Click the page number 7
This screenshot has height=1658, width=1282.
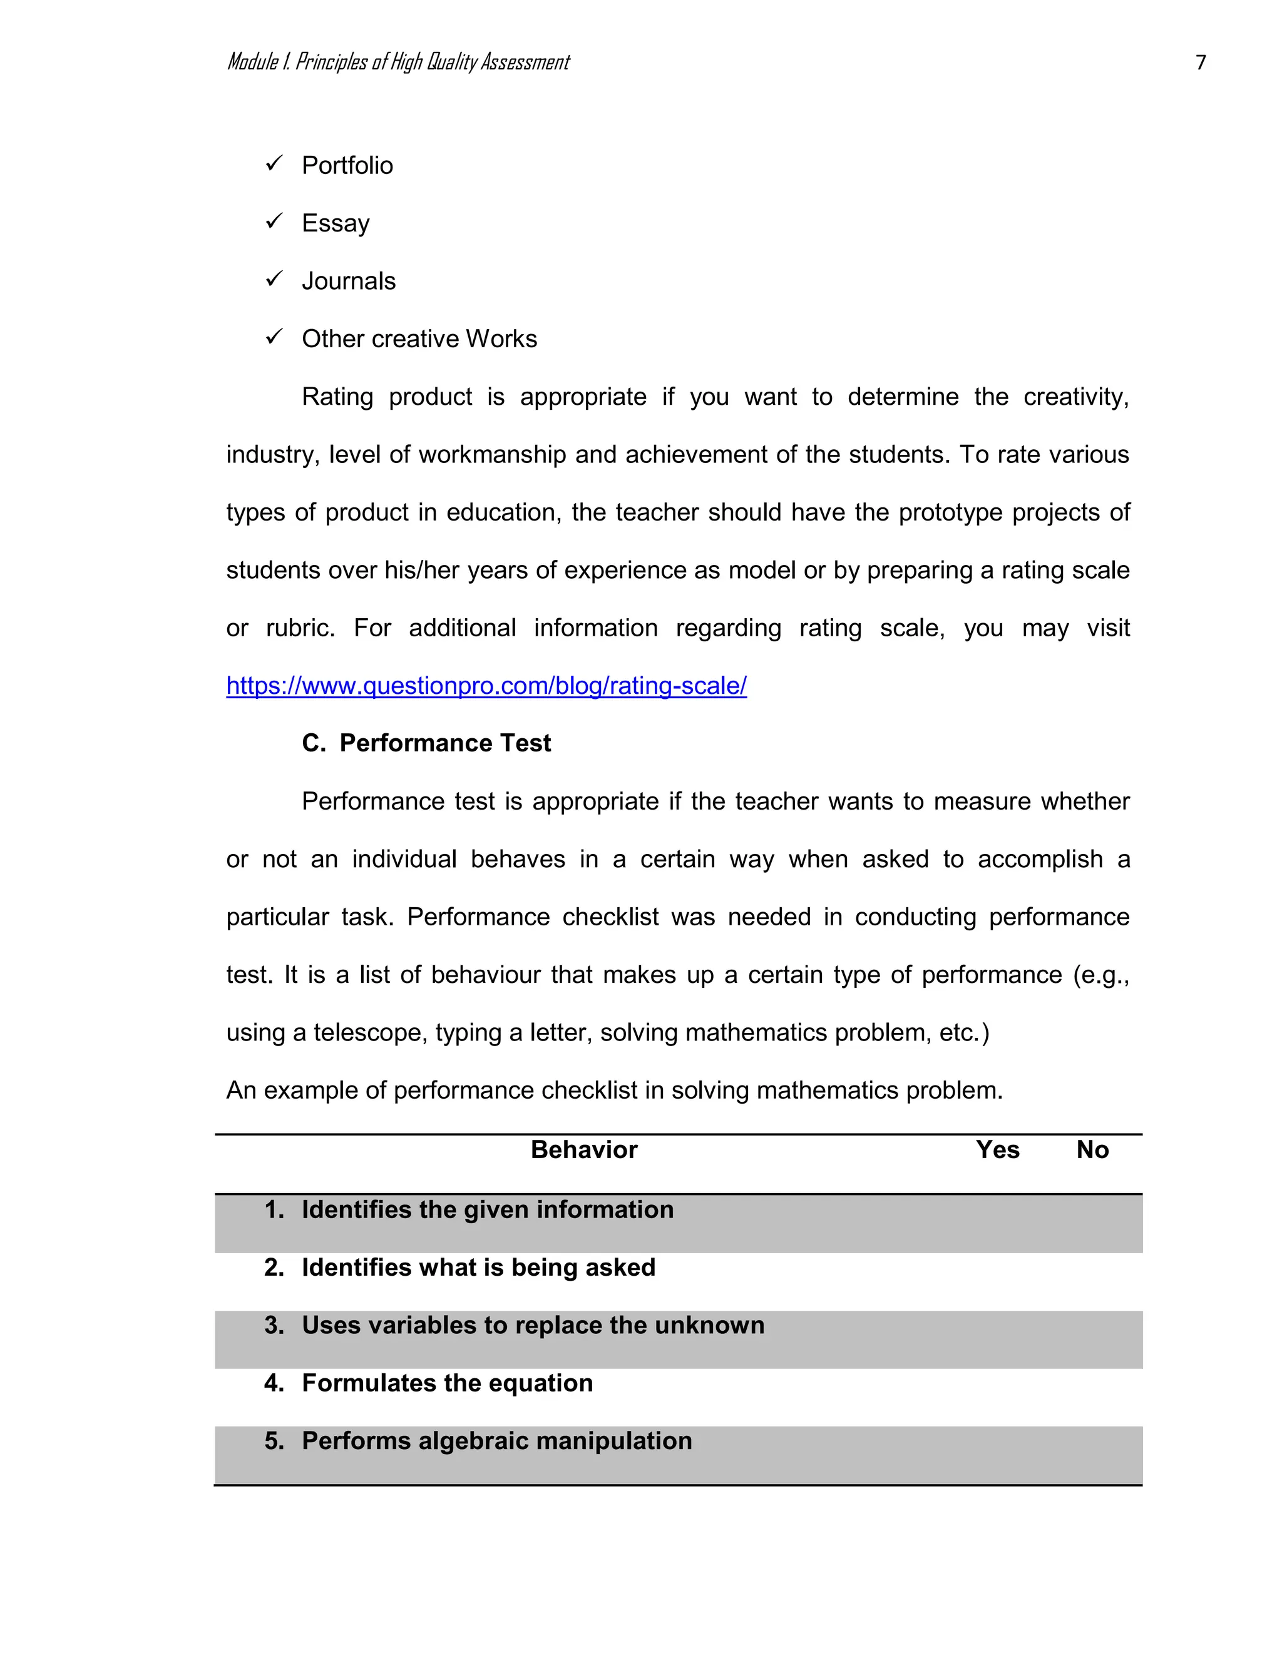1200,62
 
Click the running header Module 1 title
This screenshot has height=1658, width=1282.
398,62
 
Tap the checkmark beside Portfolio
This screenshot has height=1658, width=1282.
274,163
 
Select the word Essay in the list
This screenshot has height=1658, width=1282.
336,223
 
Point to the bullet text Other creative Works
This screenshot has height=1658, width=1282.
419,338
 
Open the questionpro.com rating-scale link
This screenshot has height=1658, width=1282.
486,686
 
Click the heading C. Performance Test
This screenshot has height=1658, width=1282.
426,743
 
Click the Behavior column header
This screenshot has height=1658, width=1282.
583,1149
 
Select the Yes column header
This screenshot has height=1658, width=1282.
997,1149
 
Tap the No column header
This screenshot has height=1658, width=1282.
1092,1149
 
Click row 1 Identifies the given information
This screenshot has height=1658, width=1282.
487,1209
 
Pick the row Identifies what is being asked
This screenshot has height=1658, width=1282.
478,1267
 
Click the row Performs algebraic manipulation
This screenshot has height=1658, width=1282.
496,1440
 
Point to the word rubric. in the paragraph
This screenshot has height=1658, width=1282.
300,628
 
